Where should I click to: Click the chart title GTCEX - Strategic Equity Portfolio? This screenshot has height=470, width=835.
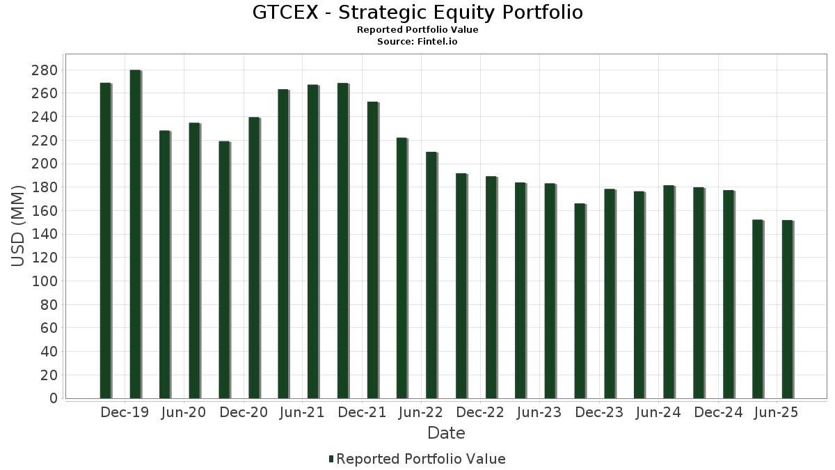pos(417,13)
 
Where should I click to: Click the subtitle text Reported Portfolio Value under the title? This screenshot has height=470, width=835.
pos(417,30)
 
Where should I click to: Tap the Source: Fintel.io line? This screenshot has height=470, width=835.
pos(417,42)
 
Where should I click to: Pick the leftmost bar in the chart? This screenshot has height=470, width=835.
pos(105,240)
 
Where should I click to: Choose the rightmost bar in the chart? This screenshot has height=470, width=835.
pos(787,309)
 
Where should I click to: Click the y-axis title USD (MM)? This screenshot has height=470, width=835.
pos(19,225)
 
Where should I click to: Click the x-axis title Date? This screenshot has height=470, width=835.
pos(446,433)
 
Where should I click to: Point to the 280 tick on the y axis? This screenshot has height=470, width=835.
pos(44,70)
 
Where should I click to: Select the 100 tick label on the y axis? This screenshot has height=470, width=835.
pos(44,281)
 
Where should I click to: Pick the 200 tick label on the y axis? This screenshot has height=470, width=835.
pos(44,164)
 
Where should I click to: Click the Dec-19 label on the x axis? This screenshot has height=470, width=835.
pos(125,413)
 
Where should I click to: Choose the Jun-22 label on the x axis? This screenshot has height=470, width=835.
pos(421,413)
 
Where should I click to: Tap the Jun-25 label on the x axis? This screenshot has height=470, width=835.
pos(777,413)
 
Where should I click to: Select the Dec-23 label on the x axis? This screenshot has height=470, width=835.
pos(599,413)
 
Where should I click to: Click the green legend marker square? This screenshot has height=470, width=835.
pos(331,459)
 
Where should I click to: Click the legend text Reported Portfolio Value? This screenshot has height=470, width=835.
pos(421,459)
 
